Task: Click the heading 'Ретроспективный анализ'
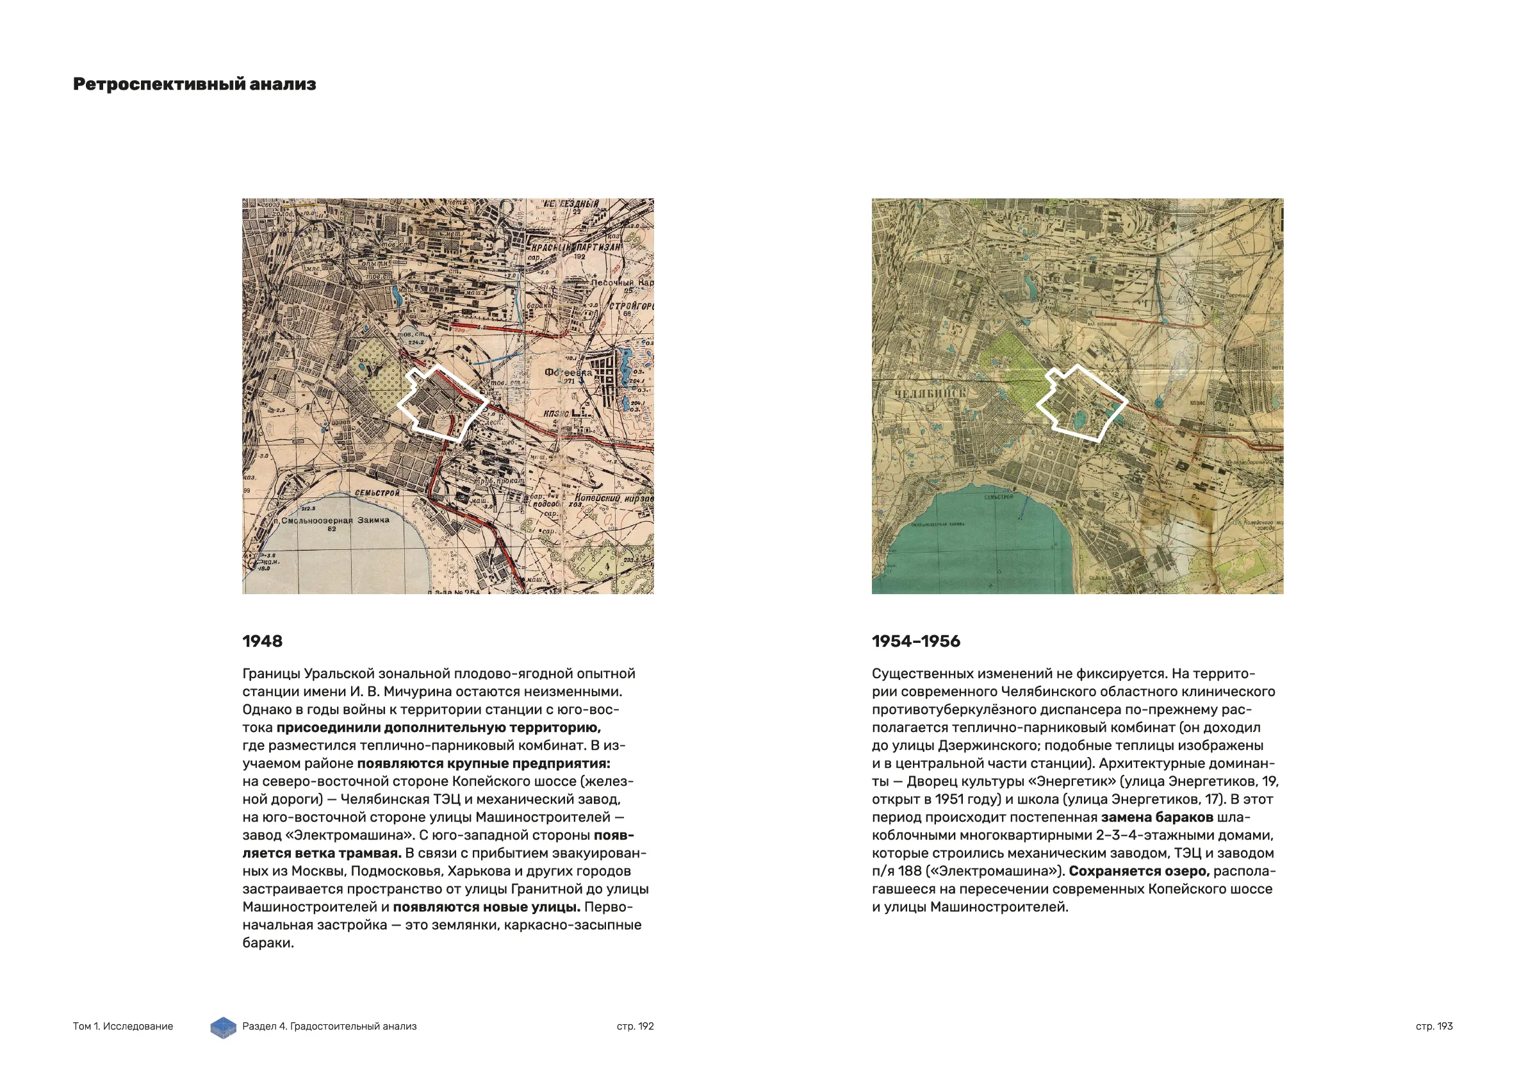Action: [x=194, y=85]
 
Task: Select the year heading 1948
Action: [x=262, y=641]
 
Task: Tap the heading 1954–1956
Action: [x=916, y=641]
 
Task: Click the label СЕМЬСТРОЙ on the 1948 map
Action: [x=376, y=493]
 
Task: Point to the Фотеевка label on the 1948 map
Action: [x=568, y=372]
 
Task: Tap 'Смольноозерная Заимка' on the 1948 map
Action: [x=335, y=520]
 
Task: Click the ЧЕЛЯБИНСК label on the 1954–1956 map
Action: [x=930, y=393]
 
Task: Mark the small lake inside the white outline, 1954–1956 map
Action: [x=1080, y=419]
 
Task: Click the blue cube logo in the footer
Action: [x=224, y=1027]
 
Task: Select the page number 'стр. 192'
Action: [x=635, y=1026]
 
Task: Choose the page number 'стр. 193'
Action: [x=1434, y=1026]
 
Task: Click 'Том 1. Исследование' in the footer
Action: [x=123, y=1026]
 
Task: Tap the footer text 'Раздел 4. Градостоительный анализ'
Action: [x=329, y=1026]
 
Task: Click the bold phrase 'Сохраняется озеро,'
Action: [x=1138, y=871]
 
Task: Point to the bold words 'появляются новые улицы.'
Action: [x=486, y=907]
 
